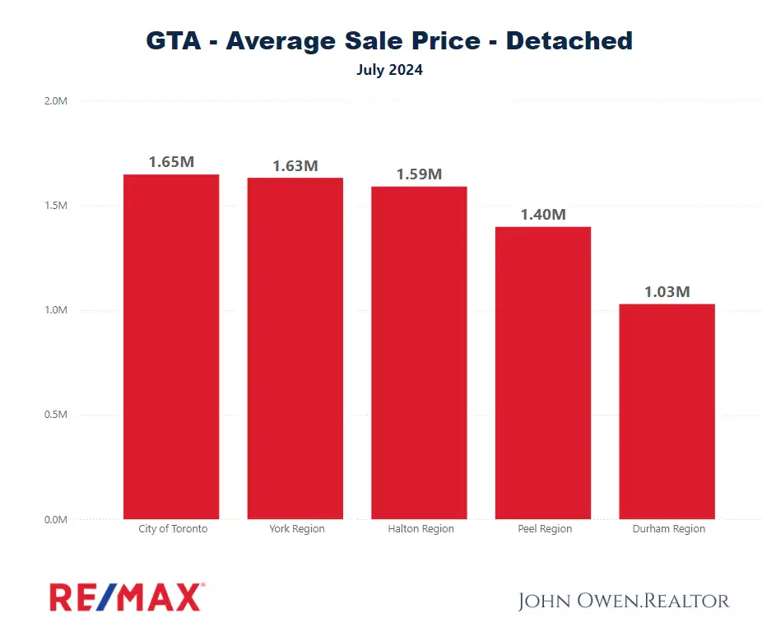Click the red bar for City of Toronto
(171, 346)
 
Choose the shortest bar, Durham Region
(667, 411)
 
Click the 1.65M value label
(171, 162)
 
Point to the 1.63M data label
(295, 165)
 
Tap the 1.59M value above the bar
(419, 174)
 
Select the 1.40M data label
(543, 215)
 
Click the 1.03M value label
(667, 292)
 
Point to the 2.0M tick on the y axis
(55, 101)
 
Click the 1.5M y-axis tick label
(55, 206)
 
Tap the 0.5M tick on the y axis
(55, 415)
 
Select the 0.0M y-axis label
(55, 519)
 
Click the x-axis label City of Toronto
(173, 529)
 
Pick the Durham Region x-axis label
(668, 529)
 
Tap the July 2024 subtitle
(389, 70)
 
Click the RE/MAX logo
(127, 597)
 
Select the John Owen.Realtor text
(624, 601)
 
